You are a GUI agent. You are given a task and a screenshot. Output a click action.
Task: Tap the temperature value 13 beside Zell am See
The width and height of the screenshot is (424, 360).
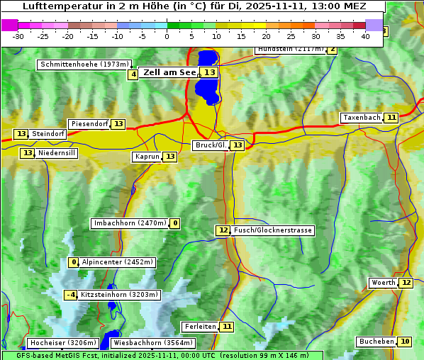click(x=209, y=72)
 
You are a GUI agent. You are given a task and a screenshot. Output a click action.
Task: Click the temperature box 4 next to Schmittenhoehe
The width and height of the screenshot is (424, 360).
click(x=133, y=74)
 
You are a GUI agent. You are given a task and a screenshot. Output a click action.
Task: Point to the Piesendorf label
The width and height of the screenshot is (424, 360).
click(x=89, y=124)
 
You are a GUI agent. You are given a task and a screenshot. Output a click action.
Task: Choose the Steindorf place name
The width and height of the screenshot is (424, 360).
click(x=48, y=134)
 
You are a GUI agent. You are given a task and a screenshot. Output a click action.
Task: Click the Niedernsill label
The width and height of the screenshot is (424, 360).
click(x=57, y=153)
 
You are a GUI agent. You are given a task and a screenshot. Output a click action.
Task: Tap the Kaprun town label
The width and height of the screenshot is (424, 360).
click(x=147, y=157)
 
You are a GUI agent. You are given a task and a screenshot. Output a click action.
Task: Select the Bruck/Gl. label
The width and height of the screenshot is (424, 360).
click(x=211, y=145)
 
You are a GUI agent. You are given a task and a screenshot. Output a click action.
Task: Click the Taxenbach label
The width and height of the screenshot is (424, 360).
click(x=362, y=118)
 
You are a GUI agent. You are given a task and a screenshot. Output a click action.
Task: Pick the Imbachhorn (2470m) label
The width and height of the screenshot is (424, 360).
click(x=130, y=224)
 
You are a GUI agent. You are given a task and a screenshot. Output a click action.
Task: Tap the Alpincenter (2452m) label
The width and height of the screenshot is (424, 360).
click(x=117, y=262)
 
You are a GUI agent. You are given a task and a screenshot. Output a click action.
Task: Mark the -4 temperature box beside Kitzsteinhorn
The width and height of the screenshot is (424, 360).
click(x=71, y=295)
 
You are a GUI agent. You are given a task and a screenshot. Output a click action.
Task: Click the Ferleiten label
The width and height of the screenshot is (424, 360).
click(x=200, y=327)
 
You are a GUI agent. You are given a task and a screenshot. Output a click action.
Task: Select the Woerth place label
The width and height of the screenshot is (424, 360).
click(x=384, y=283)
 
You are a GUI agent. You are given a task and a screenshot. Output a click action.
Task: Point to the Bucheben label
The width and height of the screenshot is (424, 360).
click(x=376, y=342)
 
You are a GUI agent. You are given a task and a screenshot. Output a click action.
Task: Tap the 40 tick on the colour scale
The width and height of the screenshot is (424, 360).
click(x=365, y=36)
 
